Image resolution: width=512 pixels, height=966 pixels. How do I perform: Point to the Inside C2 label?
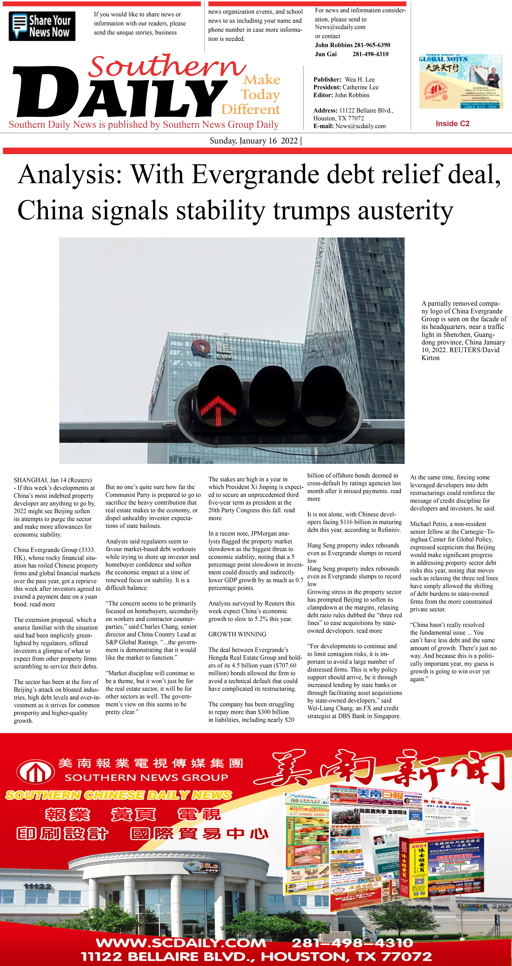[452, 124]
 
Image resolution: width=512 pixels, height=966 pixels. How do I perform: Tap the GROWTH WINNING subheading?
[237, 634]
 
